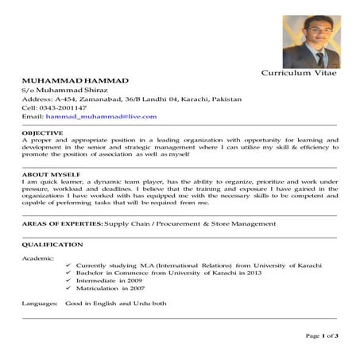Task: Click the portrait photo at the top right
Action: [x=311, y=41]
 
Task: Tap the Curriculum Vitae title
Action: [x=299, y=73]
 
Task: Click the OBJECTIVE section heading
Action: [x=43, y=132]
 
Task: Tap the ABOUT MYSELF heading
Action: [x=51, y=173]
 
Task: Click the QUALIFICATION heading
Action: [x=52, y=245]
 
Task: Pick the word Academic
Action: [x=38, y=258]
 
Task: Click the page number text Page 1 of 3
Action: [x=322, y=336]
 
